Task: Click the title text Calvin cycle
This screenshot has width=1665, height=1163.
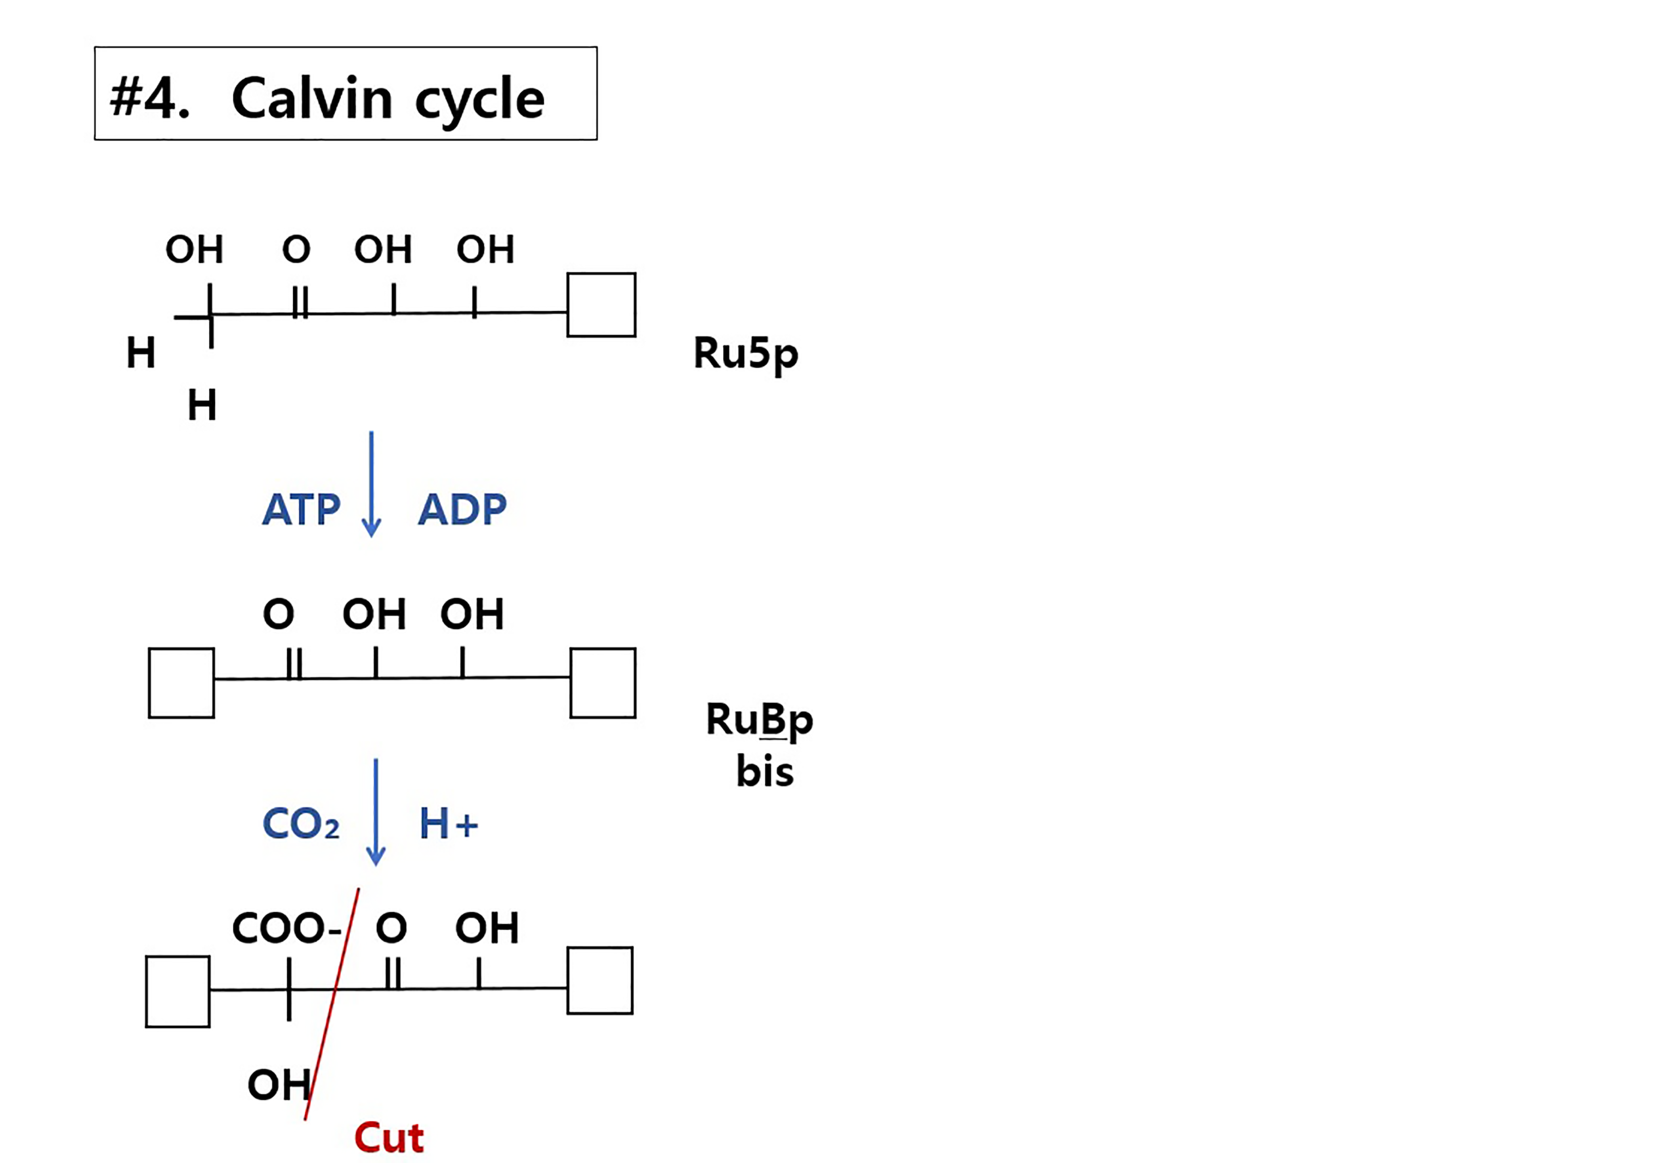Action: coord(387,98)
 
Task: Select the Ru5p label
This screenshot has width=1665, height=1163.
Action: coord(746,354)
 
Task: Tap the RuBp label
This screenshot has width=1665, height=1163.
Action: coord(759,720)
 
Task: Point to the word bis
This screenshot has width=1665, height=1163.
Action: coord(764,771)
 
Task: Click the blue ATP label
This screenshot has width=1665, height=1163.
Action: coord(301,509)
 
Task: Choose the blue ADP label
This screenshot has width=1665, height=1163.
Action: coord(462,509)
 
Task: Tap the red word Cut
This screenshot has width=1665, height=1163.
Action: coord(388,1138)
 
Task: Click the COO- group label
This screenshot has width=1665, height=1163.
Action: coord(287,928)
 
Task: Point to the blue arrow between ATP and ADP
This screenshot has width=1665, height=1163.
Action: coord(371,484)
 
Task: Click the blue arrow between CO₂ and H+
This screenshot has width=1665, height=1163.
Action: coord(376,812)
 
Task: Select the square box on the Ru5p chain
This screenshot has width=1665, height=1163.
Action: coord(601,305)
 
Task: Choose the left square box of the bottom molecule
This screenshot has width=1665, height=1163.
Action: coord(178,991)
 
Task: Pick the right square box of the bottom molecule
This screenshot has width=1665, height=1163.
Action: coord(600,980)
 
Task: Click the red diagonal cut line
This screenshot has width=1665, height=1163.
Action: coord(331,1004)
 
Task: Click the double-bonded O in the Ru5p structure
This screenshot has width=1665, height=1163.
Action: coord(296,249)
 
